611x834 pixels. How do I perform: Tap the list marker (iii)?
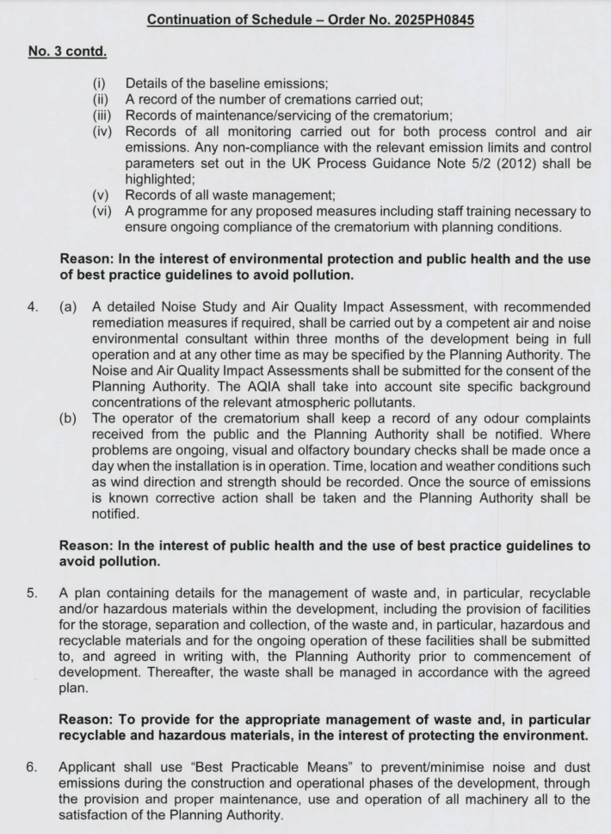click(x=106, y=115)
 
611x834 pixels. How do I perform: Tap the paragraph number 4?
click(x=35, y=307)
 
